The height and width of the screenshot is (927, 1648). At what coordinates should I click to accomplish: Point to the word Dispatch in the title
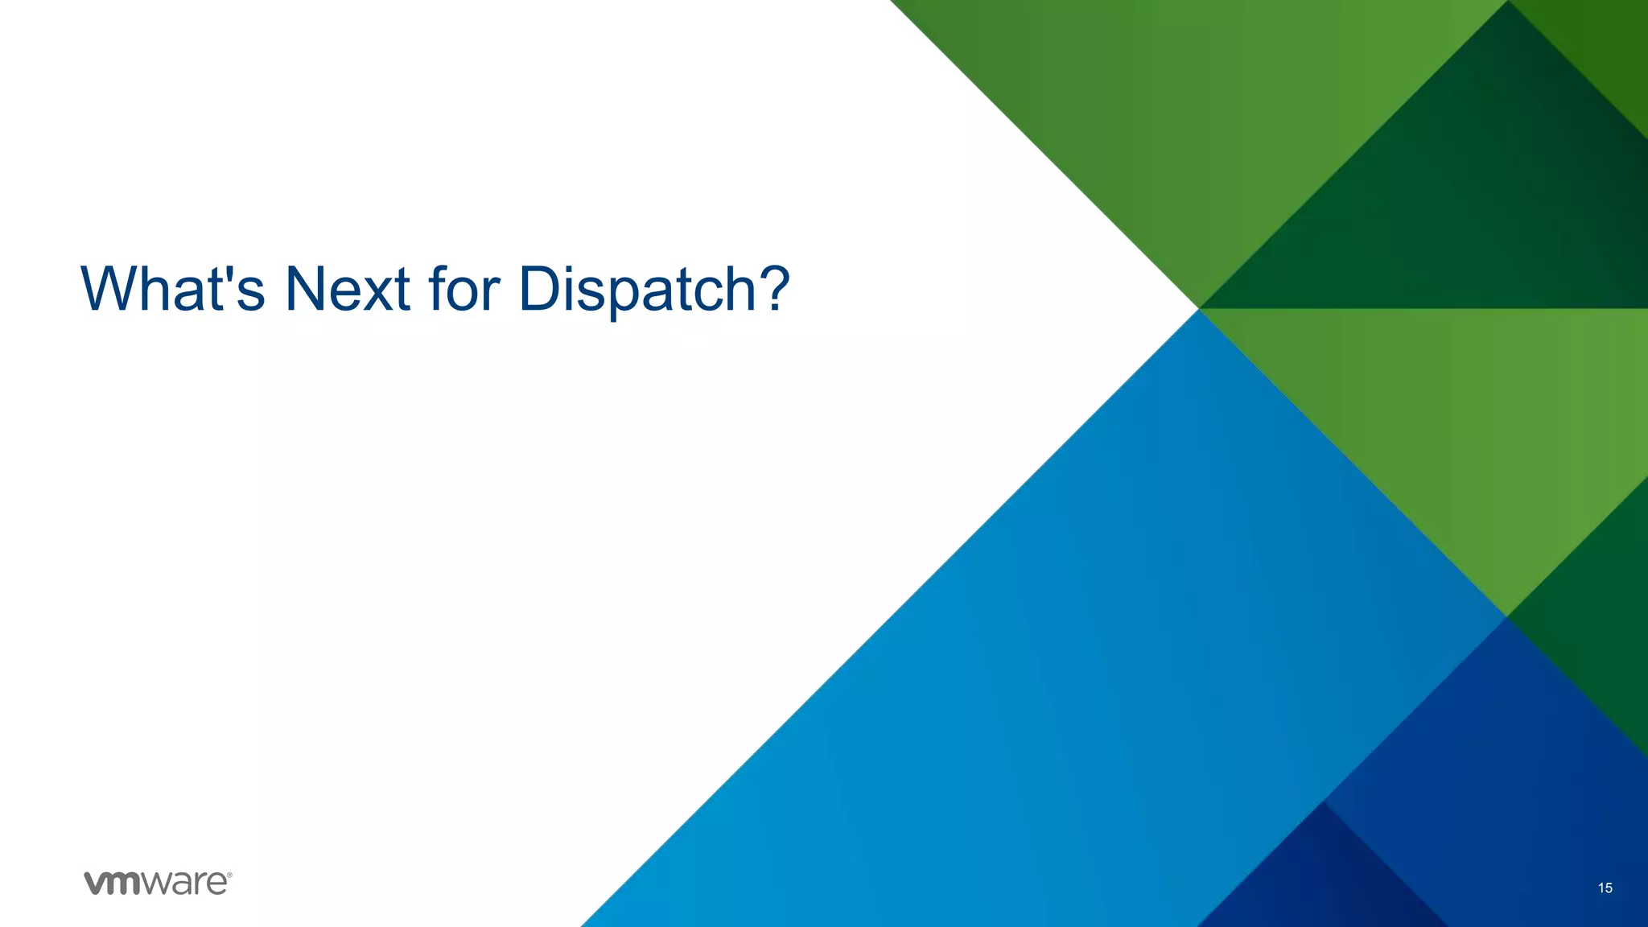click(636, 290)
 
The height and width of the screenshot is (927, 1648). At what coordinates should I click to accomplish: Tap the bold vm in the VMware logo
click(112, 883)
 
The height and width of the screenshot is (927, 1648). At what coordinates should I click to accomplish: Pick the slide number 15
click(1605, 888)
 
